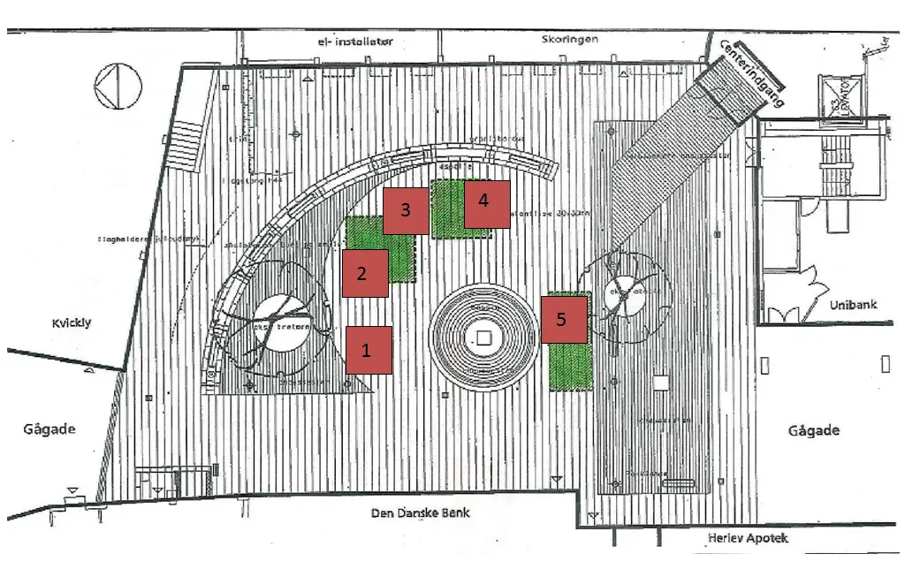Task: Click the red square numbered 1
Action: [x=369, y=350]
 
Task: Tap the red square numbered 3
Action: [x=406, y=210]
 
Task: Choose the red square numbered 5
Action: [x=565, y=319]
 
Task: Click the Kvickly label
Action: [x=70, y=323]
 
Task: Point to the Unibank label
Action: [x=853, y=305]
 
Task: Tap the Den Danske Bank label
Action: [x=420, y=512]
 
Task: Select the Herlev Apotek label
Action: [x=747, y=538]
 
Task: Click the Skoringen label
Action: [x=570, y=40]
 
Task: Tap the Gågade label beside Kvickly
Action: [x=49, y=429]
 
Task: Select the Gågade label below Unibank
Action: [x=814, y=430]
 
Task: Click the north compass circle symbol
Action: [x=118, y=87]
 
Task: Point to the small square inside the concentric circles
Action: [x=483, y=337]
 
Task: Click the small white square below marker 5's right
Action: [x=659, y=383]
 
